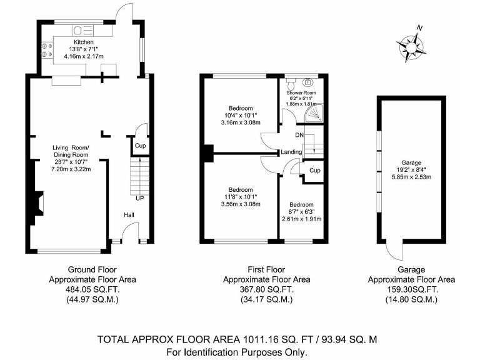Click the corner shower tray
click(315, 112)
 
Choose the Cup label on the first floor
click(314, 171)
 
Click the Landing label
click(291, 152)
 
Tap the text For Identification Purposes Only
click(237, 352)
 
